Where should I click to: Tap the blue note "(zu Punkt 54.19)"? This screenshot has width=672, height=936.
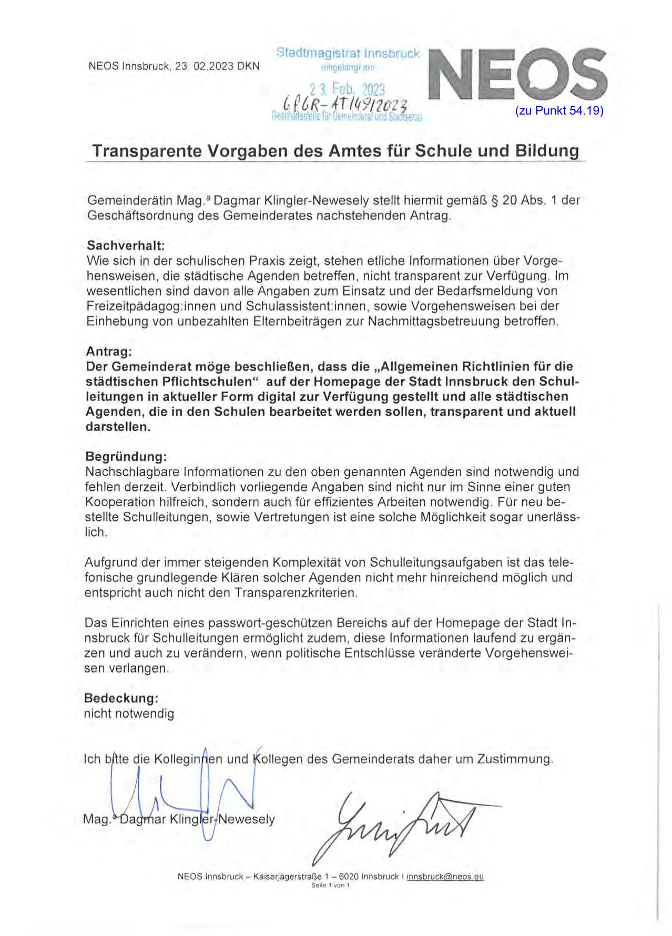click(559, 111)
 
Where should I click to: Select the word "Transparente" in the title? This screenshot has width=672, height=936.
click(147, 151)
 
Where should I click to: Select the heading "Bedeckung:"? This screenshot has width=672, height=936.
click(121, 698)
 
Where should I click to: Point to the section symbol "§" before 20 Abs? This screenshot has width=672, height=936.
click(494, 201)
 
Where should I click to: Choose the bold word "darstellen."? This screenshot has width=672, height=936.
click(118, 427)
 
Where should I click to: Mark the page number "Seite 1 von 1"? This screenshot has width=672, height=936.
click(330, 886)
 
